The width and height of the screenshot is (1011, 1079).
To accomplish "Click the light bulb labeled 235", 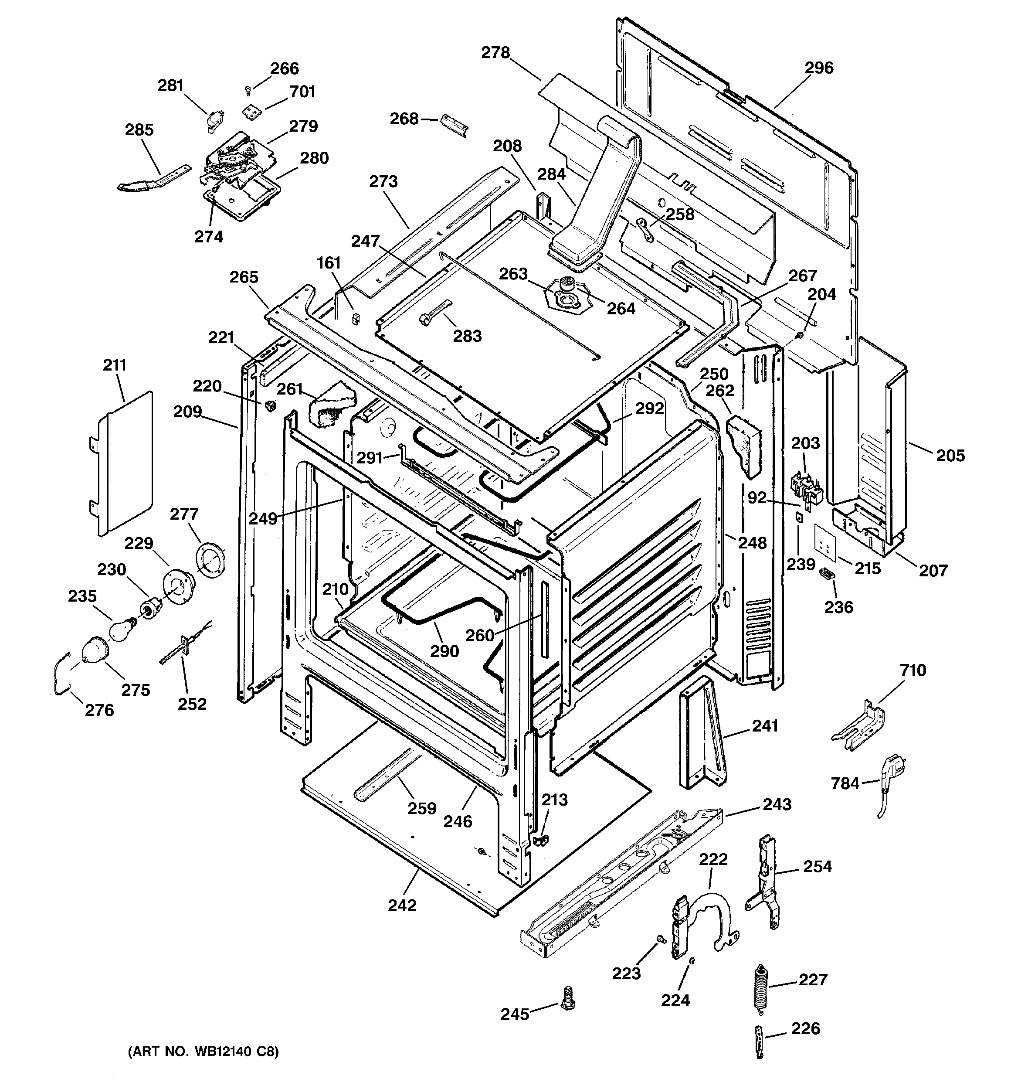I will point(122,629).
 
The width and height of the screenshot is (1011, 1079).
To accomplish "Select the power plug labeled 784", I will point(889,774).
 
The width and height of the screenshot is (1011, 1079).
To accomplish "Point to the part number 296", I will point(818,68).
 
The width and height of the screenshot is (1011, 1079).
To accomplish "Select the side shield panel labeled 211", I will point(122,464).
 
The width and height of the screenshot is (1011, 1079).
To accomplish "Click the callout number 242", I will point(402,905).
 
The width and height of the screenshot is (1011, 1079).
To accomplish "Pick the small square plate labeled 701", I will point(251,111).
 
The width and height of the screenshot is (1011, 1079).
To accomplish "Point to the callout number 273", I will point(383,181).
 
